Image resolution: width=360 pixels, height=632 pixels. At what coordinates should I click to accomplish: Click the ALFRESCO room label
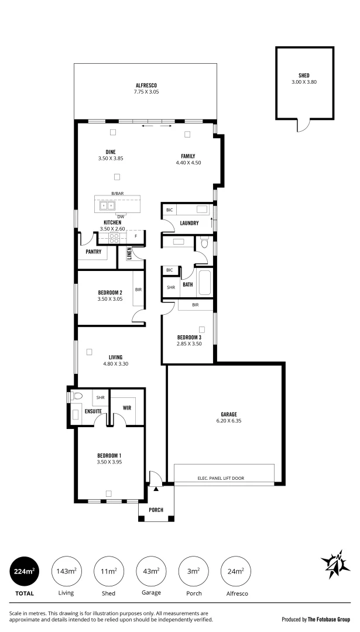tap(146, 85)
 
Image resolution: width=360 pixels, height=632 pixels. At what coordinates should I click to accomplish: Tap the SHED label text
tap(303, 75)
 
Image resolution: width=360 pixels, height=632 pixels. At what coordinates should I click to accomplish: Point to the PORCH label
tap(156, 510)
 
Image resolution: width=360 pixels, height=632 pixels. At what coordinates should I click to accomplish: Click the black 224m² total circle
tap(25, 571)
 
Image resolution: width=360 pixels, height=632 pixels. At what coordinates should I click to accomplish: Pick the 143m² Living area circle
tap(66, 571)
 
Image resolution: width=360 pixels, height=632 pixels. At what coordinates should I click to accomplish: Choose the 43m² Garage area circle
tap(150, 571)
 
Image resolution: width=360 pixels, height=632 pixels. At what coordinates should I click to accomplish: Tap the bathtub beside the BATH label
tap(205, 283)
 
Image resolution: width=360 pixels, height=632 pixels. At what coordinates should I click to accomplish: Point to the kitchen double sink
tap(108, 205)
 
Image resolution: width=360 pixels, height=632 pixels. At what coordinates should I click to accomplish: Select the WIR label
tap(126, 408)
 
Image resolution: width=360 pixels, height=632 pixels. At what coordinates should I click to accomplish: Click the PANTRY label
tap(94, 252)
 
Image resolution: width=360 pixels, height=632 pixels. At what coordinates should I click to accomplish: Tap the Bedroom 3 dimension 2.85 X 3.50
tap(189, 344)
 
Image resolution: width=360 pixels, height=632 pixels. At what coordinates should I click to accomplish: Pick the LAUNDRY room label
tap(188, 223)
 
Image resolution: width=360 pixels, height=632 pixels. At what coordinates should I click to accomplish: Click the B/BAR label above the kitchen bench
tap(118, 193)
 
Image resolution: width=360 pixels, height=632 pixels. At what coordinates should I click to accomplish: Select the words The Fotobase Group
tap(330, 619)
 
